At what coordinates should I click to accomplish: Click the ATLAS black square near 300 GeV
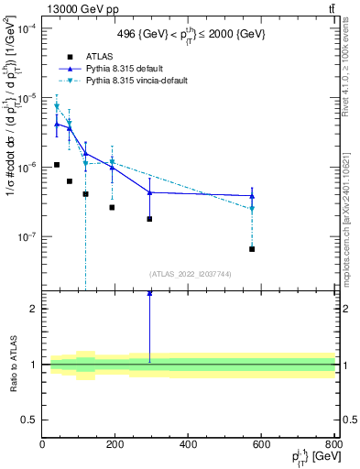(x=149, y=219)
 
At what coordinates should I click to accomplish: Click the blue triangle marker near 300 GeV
(x=149, y=192)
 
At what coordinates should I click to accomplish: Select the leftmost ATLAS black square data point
(x=57, y=165)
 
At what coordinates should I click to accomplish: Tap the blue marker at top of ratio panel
(x=149, y=293)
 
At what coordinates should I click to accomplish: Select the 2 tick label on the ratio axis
(x=34, y=309)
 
